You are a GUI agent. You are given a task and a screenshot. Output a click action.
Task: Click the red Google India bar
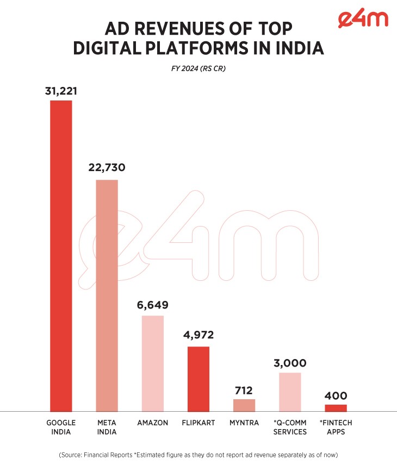[x=61, y=255]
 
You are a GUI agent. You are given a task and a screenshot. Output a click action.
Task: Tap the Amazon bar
[x=152, y=363]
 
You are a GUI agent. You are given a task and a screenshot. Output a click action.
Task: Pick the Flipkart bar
[x=199, y=379]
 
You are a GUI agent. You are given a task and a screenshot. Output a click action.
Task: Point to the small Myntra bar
[x=244, y=405]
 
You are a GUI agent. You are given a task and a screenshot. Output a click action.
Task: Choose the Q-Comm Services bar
[x=290, y=392]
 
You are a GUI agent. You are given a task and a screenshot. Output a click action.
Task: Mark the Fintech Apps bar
[x=336, y=408]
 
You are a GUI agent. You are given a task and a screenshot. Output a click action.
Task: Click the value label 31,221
[x=61, y=91]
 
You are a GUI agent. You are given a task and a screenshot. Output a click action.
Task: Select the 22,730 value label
[x=107, y=168]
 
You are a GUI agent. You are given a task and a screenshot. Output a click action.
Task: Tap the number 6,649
[x=152, y=305]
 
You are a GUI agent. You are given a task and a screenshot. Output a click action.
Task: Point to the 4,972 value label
[x=199, y=335]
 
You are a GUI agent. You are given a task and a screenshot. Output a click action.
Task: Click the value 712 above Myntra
[x=244, y=389]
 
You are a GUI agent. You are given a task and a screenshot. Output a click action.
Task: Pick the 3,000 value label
[x=290, y=363]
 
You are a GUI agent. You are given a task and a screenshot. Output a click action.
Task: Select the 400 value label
[x=336, y=395]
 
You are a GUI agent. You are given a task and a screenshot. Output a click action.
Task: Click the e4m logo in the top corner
[x=362, y=19]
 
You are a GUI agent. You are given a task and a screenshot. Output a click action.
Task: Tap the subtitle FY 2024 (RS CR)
[x=198, y=69]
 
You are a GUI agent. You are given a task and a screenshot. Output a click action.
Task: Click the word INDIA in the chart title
[x=296, y=48]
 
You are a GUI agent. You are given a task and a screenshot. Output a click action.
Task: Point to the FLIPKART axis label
[x=199, y=423]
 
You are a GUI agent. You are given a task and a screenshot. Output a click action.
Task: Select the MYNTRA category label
[x=244, y=423]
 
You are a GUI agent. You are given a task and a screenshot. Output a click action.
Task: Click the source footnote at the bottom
[x=198, y=455]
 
